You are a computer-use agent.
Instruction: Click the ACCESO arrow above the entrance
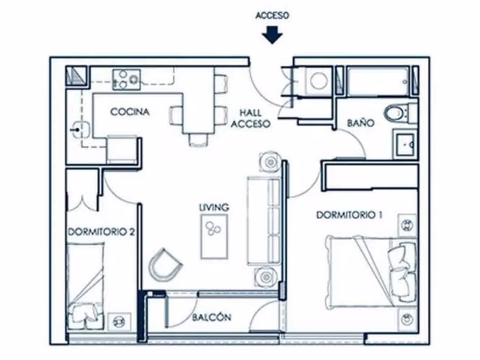pos(272,35)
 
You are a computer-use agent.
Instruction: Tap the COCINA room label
pos(130,112)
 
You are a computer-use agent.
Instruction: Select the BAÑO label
pos(360,122)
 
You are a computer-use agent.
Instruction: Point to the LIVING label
pos(214,207)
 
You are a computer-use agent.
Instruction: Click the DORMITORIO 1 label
pos(349,215)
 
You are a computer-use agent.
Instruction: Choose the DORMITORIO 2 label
pos(102,232)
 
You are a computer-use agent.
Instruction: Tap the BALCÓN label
pos(211,318)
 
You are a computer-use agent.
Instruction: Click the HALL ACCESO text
pos(251,118)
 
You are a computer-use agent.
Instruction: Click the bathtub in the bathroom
pos(378,81)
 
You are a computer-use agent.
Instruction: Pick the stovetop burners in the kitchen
pos(126,79)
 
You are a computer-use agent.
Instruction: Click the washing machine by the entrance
pos(319,81)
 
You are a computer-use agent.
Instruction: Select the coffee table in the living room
pos(214,236)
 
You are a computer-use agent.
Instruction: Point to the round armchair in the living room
pos(164,265)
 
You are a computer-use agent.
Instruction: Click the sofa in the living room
pos(263,220)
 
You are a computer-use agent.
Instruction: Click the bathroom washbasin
pos(405,144)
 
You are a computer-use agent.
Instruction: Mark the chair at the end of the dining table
pos(198,140)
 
